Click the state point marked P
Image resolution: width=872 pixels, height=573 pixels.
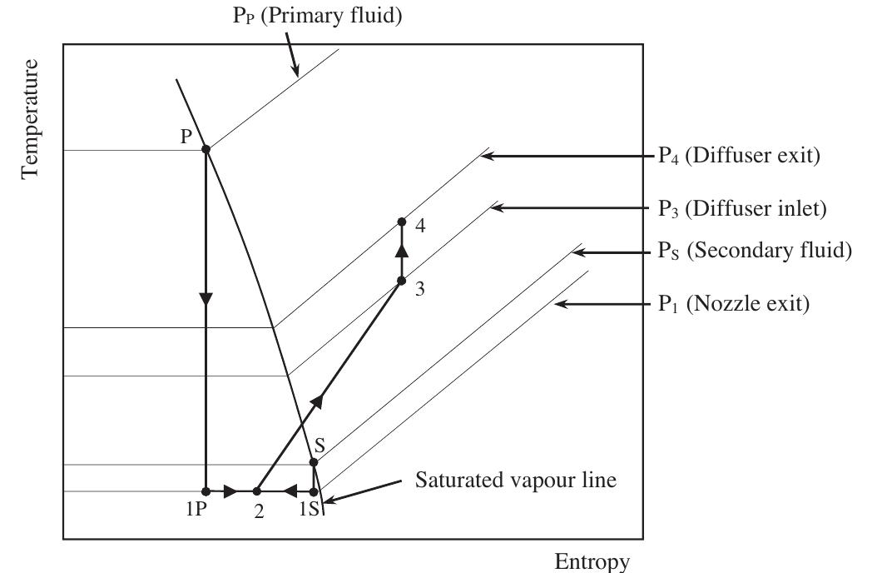(206, 149)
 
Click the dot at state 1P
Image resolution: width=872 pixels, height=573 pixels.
(206, 491)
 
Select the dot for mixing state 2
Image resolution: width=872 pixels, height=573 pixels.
(257, 491)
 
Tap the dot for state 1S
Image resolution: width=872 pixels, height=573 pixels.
(314, 491)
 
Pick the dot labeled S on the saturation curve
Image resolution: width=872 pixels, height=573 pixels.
(314, 462)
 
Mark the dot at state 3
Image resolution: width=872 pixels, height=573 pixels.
(401, 281)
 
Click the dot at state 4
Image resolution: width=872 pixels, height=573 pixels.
(401, 222)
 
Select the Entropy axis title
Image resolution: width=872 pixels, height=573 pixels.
(592, 561)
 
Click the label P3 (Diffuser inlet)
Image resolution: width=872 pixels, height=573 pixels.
(737, 208)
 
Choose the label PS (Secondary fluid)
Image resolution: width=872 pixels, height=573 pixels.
(750, 252)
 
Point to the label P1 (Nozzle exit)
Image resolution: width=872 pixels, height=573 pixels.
(728, 303)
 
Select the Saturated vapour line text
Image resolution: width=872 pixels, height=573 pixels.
(516, 481)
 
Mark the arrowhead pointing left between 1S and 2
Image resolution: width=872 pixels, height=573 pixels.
(290, 491)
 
